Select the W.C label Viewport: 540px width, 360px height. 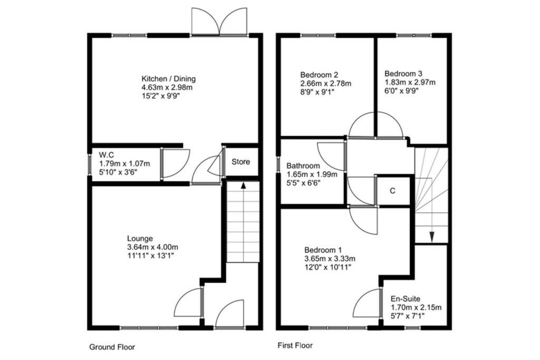[x=108, y=154]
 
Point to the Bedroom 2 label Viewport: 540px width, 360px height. [x=319, y=74]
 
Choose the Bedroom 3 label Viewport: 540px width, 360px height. [x=403, y=74]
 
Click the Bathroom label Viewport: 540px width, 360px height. [x=303, y=166]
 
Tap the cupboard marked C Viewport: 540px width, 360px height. [x=392, y=191]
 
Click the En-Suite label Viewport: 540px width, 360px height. [x=405, y=299]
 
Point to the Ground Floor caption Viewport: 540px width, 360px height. [x=112, y=347]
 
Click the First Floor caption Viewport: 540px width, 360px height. [x=295, y=346]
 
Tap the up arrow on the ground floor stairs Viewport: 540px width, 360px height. [x=243, y=186]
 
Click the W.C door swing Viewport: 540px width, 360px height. [x=174, y=163]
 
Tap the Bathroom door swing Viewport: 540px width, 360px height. [x=332, y=155]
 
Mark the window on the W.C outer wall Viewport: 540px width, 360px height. [x=89, y=163]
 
